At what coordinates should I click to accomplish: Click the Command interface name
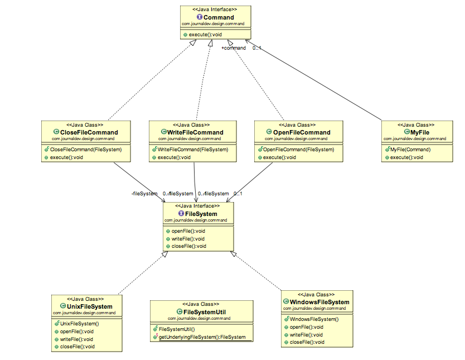[219, 17]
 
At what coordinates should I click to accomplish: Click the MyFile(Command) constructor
[410, 150]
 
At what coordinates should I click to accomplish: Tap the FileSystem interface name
[201, 214]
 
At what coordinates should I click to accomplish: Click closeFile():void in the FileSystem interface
[189, 246]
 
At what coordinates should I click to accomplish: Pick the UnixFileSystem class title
[89, 306]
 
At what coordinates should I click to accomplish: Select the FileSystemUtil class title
[204, 312]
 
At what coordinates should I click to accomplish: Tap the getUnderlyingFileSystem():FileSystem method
[202, 337]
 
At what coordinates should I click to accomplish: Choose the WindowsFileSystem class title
[319, 302]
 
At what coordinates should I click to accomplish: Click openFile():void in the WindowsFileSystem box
[307, 327]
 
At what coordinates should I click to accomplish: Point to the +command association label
[233, 48]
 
